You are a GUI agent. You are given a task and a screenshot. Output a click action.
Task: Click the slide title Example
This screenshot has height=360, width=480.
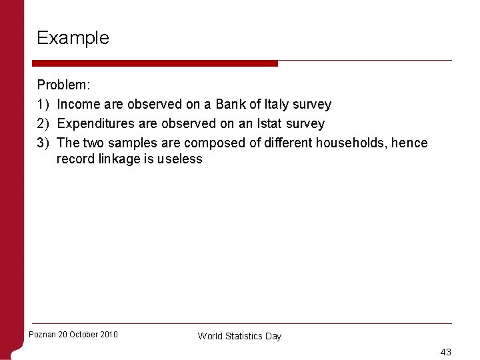point(73,38)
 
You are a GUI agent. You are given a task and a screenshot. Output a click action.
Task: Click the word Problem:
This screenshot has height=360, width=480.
point(64,85)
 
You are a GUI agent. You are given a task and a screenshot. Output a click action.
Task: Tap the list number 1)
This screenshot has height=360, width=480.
point(43,105)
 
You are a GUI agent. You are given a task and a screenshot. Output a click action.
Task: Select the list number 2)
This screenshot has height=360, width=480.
point(43,123)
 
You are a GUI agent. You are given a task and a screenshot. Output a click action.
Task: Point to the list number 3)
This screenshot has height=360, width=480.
point(43,143)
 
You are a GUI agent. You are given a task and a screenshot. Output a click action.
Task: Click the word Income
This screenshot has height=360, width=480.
point(79,105)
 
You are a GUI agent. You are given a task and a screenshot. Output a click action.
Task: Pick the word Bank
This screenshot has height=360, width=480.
point(231,105)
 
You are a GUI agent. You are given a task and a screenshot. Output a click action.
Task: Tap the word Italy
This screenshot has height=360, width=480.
point(277,105)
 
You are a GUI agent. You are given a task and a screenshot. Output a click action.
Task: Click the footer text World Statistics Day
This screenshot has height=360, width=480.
point(239,336)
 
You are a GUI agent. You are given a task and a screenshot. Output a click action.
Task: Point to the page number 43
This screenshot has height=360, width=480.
point(445,351)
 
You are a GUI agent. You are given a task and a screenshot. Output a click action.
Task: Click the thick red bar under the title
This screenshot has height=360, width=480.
point(155,63)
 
